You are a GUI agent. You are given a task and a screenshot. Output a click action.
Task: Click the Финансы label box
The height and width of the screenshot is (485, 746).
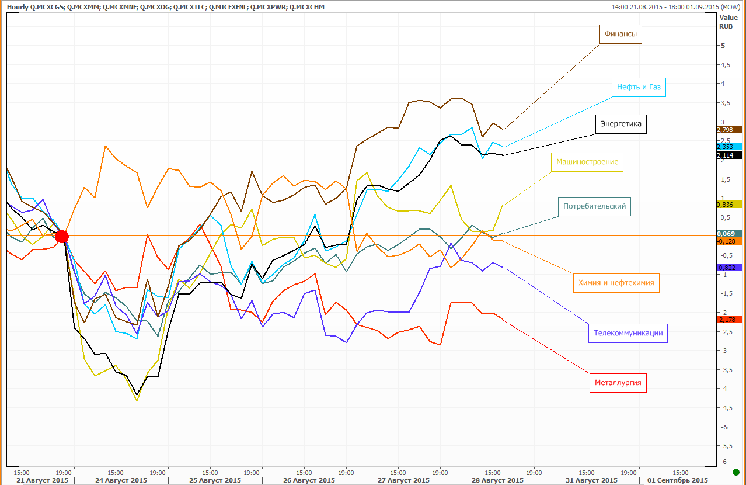620,34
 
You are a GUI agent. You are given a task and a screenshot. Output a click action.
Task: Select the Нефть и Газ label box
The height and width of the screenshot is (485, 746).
639,88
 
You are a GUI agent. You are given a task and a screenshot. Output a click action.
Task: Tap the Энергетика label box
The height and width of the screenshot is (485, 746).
620,124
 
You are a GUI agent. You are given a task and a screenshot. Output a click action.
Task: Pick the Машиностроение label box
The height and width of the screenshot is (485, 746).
587,162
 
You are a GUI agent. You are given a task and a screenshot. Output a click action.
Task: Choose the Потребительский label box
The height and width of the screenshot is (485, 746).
594,206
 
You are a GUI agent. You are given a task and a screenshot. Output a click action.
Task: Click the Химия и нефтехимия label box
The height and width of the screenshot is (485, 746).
616,283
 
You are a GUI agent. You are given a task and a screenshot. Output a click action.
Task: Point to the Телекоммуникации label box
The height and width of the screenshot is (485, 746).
628,333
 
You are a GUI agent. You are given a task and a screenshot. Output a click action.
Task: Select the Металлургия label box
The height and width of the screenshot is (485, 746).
618,383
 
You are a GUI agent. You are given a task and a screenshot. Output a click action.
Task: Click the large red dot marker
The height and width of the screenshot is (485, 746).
62,236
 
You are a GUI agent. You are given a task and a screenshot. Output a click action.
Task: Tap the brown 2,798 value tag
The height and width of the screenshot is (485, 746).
728,130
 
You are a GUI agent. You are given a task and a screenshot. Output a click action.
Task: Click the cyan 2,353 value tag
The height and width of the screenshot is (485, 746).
728,147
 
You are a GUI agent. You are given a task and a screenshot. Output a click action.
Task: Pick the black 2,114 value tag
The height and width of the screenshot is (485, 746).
728,155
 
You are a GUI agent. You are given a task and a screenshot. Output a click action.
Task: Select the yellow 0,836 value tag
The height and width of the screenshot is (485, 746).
728,204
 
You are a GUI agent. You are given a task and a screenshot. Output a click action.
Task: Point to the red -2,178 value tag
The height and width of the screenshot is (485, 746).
728,320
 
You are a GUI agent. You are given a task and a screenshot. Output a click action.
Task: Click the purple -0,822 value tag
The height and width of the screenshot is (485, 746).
728,267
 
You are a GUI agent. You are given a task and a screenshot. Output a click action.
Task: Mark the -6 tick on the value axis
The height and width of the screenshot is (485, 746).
723,462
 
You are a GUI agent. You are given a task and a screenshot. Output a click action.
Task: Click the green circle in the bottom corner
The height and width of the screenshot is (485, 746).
735,472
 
